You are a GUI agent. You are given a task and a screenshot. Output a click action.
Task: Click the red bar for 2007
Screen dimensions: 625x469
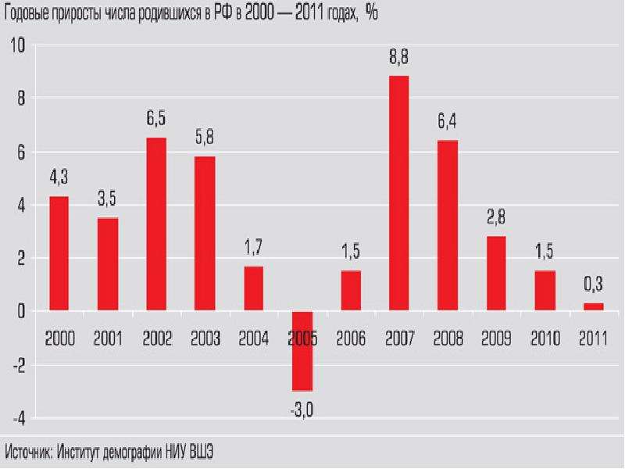(399, 193)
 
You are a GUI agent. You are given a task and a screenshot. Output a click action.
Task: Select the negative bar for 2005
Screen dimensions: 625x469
(302, 351)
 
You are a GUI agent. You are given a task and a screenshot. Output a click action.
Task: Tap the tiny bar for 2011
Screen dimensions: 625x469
(594, 306)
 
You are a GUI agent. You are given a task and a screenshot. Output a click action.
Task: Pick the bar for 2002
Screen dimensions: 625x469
(156, 224)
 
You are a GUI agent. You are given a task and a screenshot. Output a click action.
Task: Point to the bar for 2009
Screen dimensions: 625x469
(496, 273)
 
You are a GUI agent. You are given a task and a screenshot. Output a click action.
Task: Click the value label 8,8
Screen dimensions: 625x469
(399, 56)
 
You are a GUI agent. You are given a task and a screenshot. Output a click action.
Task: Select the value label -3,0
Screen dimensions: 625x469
(302, 410)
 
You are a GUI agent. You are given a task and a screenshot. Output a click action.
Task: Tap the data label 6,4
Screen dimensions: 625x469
(447, 121)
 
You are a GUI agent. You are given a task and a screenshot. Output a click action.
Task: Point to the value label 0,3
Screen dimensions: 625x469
(594, 284)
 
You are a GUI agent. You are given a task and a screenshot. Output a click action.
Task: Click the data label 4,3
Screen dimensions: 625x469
(59, 177)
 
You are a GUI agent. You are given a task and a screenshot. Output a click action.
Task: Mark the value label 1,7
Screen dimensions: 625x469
(253, 247)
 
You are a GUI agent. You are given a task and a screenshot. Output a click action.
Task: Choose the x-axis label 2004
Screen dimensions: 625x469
(253, 338)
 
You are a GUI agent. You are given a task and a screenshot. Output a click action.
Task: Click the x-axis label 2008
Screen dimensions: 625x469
(448, 338)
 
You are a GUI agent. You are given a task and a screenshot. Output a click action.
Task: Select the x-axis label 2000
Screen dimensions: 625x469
(60, 338)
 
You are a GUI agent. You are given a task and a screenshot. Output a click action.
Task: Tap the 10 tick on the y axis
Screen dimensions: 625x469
(17, 45)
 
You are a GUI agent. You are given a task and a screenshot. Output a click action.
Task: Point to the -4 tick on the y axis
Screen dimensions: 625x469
(19, 419)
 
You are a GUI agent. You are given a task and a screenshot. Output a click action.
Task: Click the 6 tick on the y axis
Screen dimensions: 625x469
(21, 152)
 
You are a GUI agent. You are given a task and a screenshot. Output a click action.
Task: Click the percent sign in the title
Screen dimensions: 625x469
(371, 13)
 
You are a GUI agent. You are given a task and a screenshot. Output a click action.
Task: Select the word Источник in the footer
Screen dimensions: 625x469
(28, 452)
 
